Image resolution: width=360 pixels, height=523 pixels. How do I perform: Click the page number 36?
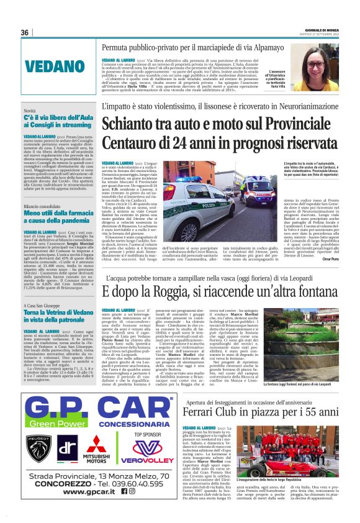25,32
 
